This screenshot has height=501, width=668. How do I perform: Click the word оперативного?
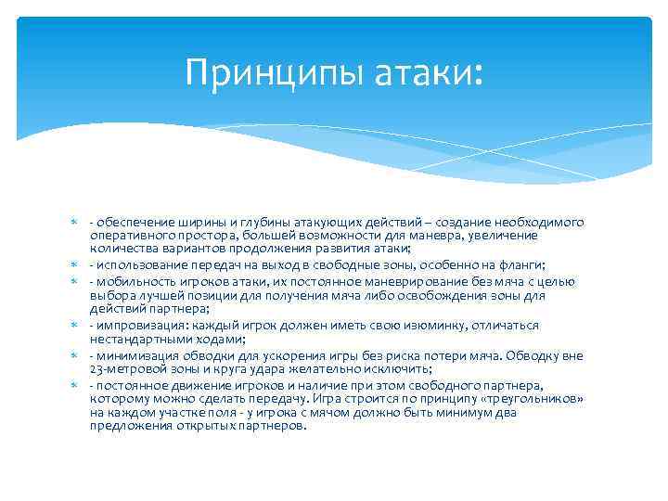pos(126,236)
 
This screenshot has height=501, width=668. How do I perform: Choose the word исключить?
pos(416,368)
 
